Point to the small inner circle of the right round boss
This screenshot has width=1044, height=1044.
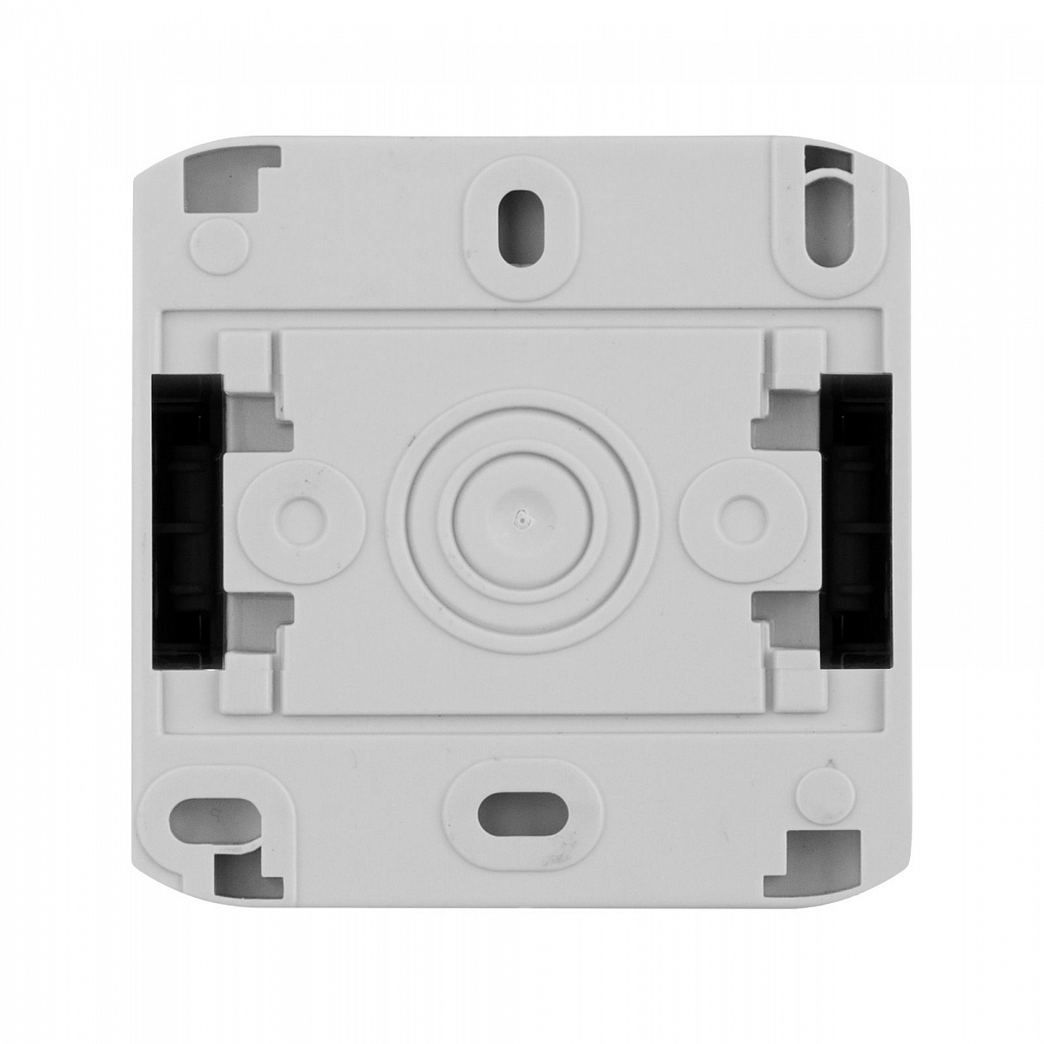tap(741, 515)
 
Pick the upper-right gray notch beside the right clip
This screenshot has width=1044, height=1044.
tap(787, 410)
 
